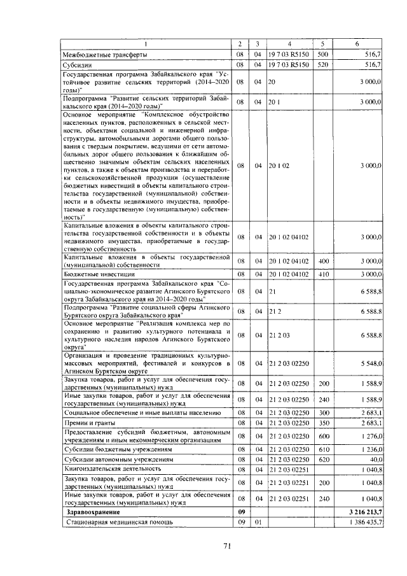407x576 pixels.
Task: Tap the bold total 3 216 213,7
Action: pos(362,512)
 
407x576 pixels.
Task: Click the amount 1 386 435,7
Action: pos(362,522)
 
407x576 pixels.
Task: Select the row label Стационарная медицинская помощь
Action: pos(117,522)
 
